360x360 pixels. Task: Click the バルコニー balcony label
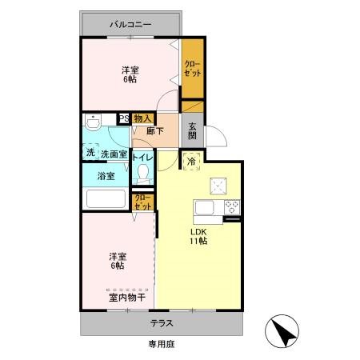pyautogui.click(x=130, y=25)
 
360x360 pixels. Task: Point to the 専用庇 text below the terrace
pyautogui.click(x=162, y=344)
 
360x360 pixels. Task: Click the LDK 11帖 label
pyautogui.click(x=198, y=236)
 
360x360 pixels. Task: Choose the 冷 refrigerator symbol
pyautogui.click(x=191, y=161)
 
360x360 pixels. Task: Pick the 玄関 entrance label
pyautogui.click(x=193, y=131)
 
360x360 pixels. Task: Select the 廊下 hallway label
pyautogui.click(x=155, y=132)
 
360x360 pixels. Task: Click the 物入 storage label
pyautogui.click(x=143, y=118)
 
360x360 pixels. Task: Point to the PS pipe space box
pyautogui.click(x=124, y=118)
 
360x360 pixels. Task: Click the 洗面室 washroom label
pyautogui.click(x=113, y=154)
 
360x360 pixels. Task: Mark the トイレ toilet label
pyautogui.click(x=143, y=158)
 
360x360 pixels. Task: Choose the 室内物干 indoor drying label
pyautogui.click(x=126, y=298)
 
